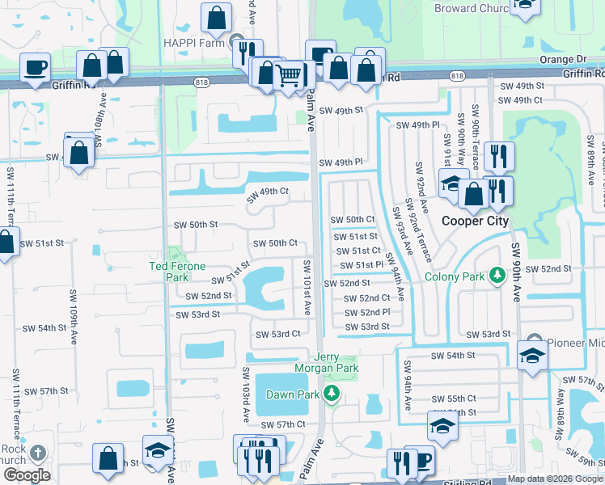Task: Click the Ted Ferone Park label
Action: coord(176,266)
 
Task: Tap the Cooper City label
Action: coord(473,220)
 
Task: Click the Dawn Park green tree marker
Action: coord(330,394)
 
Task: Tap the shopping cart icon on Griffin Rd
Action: coord(290,77)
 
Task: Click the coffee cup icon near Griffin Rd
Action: coord(36,68)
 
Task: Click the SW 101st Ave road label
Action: coord(307,287)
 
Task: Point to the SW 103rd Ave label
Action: coord(245,391)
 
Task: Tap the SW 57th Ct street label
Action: coord(282,424)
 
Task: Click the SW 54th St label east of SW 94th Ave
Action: coord(452,356)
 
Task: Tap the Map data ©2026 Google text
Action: coord(555,479)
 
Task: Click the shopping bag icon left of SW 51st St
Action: coord(6,242)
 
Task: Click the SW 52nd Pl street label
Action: coord(366,312)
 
